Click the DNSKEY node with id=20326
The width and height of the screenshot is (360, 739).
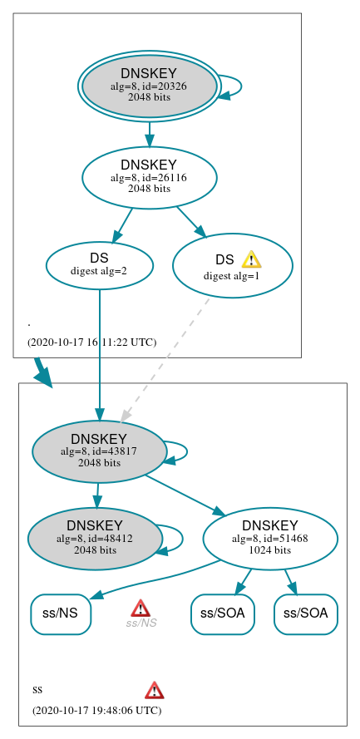[x=149, y=86]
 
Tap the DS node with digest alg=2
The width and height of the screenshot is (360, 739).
[x=99, y=265]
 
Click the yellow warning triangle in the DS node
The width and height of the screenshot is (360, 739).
[x=251, y=260]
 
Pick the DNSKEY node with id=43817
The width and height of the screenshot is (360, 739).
[x=99, y=451]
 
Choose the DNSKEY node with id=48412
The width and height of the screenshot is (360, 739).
[x=95, y=539]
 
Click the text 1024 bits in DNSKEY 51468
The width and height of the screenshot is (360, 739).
[x=270, y=550]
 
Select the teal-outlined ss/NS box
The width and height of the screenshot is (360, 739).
[x=60, y=614]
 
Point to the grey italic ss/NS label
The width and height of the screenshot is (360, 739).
[x=141, y=623]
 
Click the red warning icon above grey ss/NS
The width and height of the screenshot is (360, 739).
[x=141, y=608]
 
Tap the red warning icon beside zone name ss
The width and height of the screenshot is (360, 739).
[x=154, y=690]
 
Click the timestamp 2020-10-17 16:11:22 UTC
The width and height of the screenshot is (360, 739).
[x=91, y=342]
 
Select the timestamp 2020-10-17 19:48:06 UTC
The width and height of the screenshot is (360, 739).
[x=96, y=711]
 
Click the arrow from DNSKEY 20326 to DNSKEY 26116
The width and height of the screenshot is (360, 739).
[x=149, y=133]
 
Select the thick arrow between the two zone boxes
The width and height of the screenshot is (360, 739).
[x=42, y=372]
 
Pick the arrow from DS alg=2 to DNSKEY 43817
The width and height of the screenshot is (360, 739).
[x=99, y=349]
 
